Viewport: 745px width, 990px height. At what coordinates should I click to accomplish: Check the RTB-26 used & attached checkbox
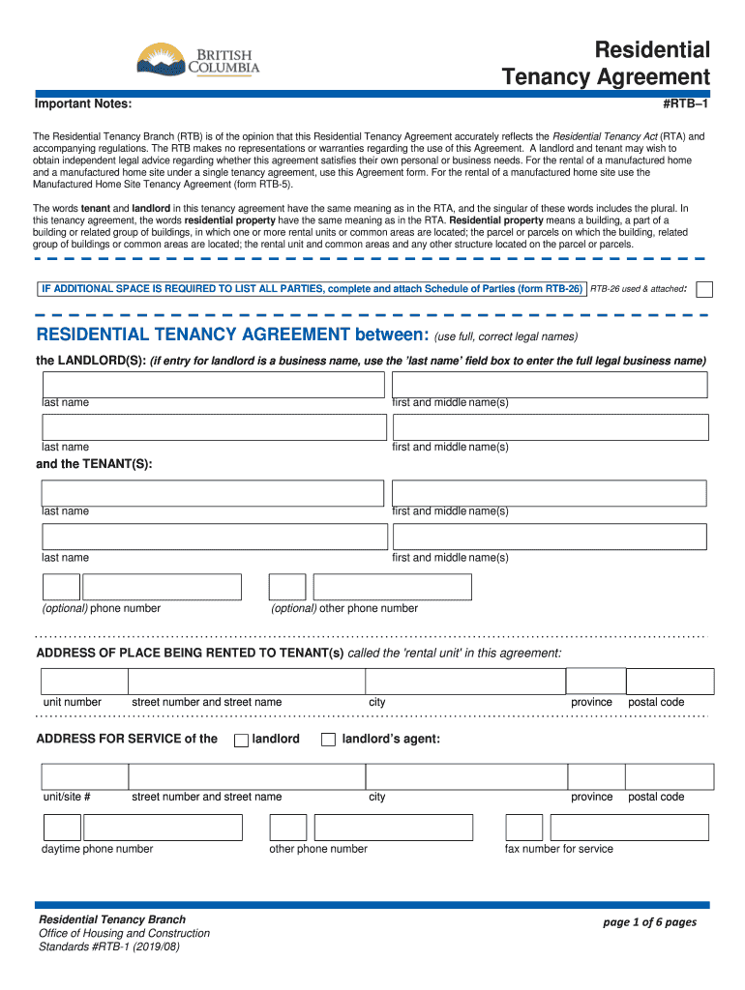[x=705, y=289]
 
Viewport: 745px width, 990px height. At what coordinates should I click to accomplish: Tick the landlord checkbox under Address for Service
[x=241, y=740]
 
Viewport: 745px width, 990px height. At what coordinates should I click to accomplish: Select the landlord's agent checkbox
[x=328, y=740]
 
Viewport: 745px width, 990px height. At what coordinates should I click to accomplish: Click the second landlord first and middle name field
[x=550, y=427]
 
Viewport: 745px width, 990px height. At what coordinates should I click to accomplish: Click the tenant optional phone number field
[x=162, y=587]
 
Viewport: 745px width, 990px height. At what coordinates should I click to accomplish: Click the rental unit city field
[x=464, y=681]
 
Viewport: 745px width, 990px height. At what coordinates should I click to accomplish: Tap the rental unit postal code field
[x=669, y=681]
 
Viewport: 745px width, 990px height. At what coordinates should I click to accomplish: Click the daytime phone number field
[x=163, y=828]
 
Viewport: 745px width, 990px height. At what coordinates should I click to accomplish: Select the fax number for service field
[x=629, y=828]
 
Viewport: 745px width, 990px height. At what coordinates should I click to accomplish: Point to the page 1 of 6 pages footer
[x=649, y=922]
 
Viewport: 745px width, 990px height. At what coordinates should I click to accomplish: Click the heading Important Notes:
[x=83, y=103]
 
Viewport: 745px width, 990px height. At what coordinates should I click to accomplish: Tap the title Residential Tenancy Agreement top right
[x=607, y=64]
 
